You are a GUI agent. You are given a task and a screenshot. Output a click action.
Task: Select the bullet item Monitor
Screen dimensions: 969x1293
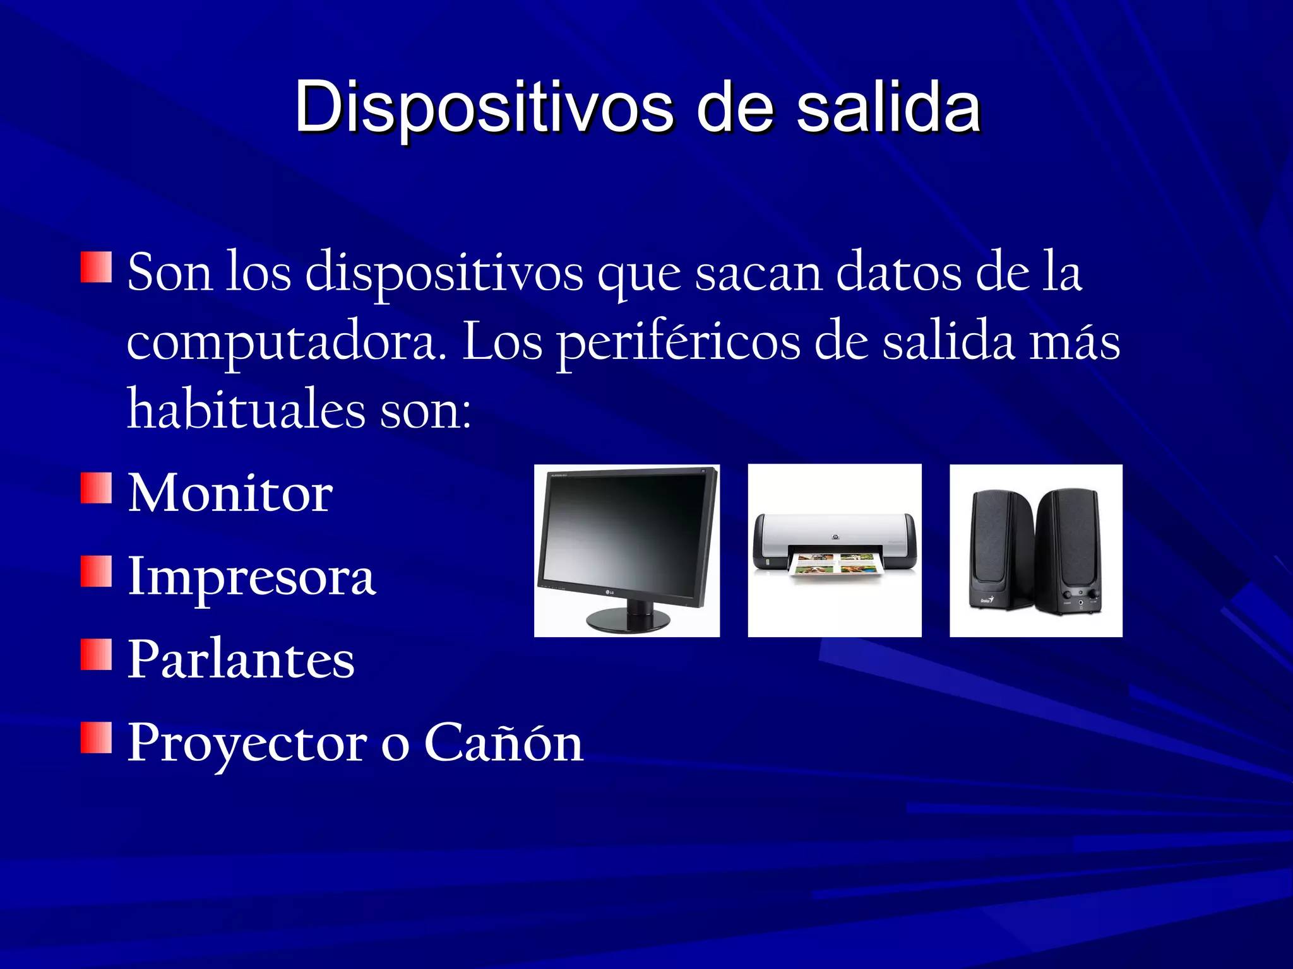[x=230, y=493]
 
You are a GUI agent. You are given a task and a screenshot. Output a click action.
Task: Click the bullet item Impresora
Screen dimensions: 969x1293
[x=251, y=577]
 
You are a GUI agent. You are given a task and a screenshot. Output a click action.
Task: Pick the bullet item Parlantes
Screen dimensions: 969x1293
[x=241, y=659]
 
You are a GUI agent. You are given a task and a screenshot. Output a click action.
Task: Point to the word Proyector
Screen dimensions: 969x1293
[x=247, y=743]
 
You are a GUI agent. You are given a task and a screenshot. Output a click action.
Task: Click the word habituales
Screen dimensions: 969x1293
[x=246, y=410]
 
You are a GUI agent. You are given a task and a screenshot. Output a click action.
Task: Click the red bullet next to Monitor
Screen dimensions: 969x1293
[x=96, y=488]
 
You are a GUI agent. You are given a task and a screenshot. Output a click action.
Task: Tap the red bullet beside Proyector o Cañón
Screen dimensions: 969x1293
[x=96, y=737]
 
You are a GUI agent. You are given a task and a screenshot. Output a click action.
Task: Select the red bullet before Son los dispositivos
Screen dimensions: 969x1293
[x=96, y=266]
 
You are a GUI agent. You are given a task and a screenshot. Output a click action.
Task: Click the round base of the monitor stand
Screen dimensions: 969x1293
[x=629, y=621]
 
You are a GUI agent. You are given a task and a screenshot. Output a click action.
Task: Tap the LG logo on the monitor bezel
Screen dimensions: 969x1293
[x=609, y=592]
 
